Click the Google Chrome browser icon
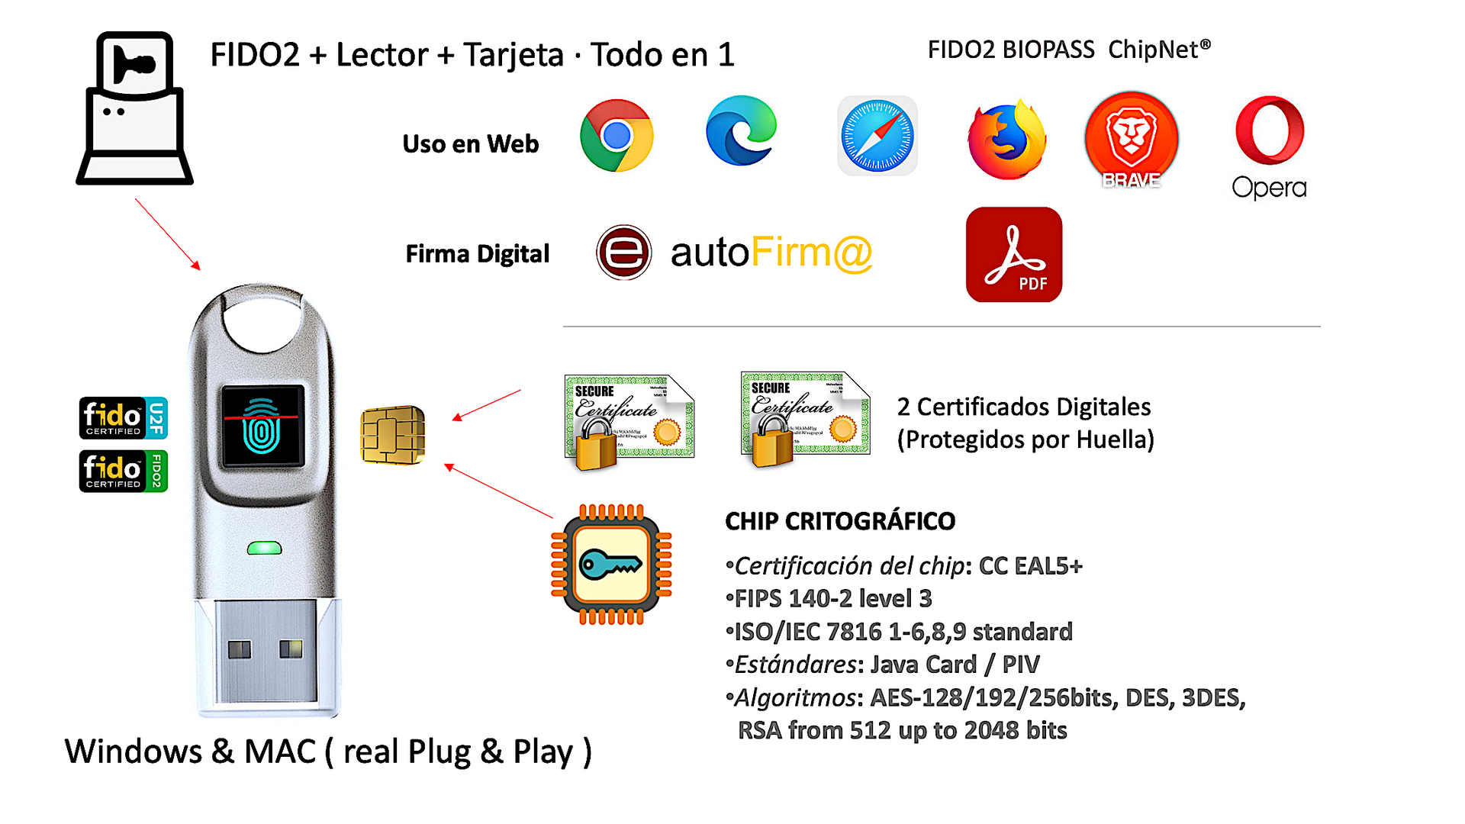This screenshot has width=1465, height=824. tap(617, 136)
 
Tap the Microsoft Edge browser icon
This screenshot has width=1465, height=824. tap(741, 131)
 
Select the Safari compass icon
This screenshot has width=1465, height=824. tap(877, 136)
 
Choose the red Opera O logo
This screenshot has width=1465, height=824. tap(1270, 130)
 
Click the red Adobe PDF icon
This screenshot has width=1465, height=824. tap(1014, 255)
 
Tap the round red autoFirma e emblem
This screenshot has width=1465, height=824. tap(624, 253)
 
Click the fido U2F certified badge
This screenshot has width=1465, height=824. tap(123, 418)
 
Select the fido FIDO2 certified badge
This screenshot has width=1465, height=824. tap(123, 471)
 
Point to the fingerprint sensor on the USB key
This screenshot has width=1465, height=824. tap(262, 426)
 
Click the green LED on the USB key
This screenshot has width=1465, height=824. tap(265, 548)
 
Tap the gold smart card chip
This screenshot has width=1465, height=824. tap(392, 435)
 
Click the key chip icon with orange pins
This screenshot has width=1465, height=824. tap(611, 565)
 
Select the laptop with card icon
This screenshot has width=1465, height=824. tap(134, 108)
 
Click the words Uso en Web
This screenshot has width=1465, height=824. tap(470, 144)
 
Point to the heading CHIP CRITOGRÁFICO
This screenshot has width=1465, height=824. tap(839, 521)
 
